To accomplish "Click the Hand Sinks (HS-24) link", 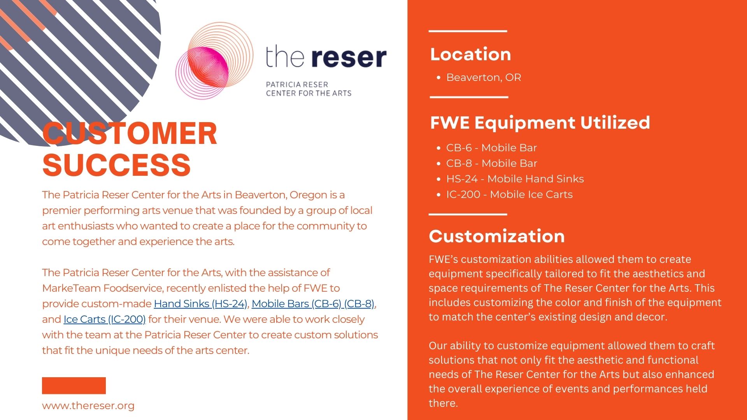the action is pos(200,304).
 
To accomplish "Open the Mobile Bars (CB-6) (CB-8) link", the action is pos(313,304).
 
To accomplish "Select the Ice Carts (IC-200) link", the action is pos(105,319).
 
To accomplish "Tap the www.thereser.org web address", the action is pos(88,406).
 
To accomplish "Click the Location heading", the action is pos(470,54).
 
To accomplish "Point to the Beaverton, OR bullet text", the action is pos(484,77).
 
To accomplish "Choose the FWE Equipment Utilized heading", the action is pos(540,122).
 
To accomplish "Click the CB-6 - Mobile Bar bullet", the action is pos(491,148).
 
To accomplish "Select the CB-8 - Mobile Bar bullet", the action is pos(492,163).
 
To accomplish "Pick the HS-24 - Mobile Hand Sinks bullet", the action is pos(515,179).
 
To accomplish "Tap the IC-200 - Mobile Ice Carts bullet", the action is pos(509,194).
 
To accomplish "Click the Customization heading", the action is pos(497,236).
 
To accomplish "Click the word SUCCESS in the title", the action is pos(116,164).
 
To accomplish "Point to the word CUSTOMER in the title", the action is pos(130,133).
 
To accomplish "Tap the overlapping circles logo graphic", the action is pos(214,60).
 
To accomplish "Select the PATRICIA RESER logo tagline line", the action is pos(297,84).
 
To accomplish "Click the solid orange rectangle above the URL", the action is pos(74,385).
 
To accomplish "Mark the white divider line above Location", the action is pos(468,31).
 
